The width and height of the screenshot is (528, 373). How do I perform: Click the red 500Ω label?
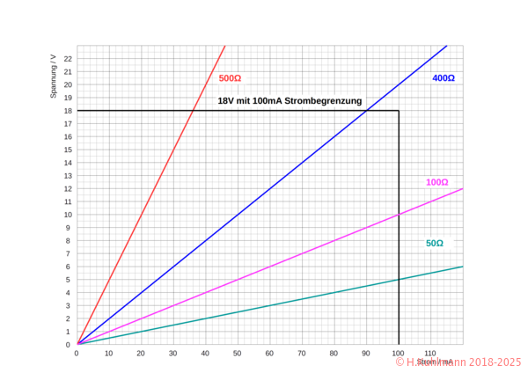click(229, 78)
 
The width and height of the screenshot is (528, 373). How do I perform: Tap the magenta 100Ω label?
click(436, 182)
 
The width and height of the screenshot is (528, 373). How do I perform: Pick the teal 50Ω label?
click(435, 244)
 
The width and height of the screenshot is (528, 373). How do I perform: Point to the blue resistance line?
click(264, 194)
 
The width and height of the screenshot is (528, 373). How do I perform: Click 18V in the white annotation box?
click(224, 101)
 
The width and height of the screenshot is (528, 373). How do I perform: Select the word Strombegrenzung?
click(330, 101)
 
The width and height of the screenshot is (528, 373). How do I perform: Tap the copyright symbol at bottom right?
click(400, 362)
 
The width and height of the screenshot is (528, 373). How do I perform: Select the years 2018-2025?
click(495, 362)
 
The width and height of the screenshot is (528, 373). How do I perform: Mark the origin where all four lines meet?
click(77, 344)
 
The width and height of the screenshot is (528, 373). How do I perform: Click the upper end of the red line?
click(224, 46)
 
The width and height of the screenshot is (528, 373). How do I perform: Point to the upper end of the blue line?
click(448, 46)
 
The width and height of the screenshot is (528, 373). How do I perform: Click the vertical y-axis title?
click(54, 76)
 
